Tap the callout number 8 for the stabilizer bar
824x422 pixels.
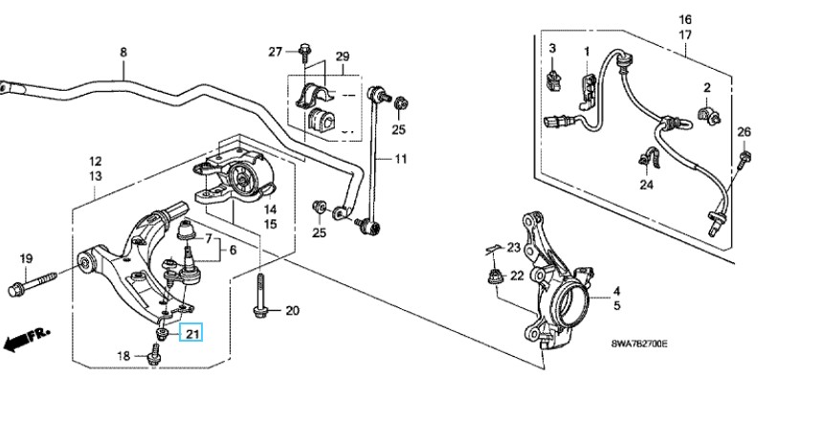click(123, 52)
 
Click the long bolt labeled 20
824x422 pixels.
click(260, 297)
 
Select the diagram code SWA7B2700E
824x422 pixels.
click(639, 344)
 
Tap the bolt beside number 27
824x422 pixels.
click(304, 52)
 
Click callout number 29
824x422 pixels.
click(343, 56)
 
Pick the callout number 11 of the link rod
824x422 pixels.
click(401, 158)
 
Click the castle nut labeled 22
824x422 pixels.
click(494, 276)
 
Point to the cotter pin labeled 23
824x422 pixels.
click(493, 249)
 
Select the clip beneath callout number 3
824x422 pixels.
click(553, 79)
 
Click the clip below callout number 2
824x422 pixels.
click(708, 116)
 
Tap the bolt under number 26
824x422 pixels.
click(745, 158)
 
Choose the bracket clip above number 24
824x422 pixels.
click(647, 158)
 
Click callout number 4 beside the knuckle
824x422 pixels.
click(617, 291)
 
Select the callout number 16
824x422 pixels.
click(684, 20)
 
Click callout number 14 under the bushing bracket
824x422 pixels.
click(270, 210)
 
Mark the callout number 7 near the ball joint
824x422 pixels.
click(209, 239)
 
